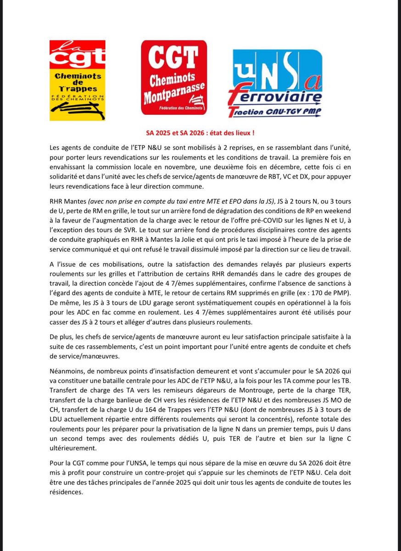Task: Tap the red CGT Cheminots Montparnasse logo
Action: tap(173, 77)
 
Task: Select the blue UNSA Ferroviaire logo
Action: tap(275, 83)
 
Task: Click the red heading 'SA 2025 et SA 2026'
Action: tap(200, 133)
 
